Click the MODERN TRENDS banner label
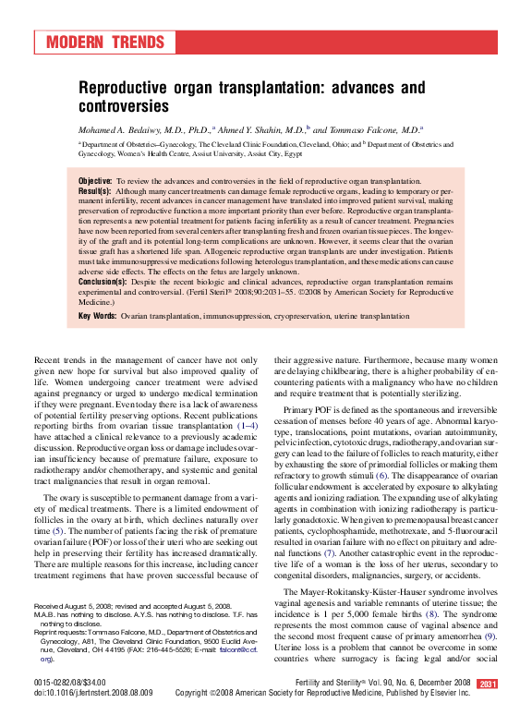coord(105,43)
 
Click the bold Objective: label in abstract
coord(95,180)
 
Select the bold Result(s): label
coord(95,189)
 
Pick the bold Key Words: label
coord(97,316)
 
